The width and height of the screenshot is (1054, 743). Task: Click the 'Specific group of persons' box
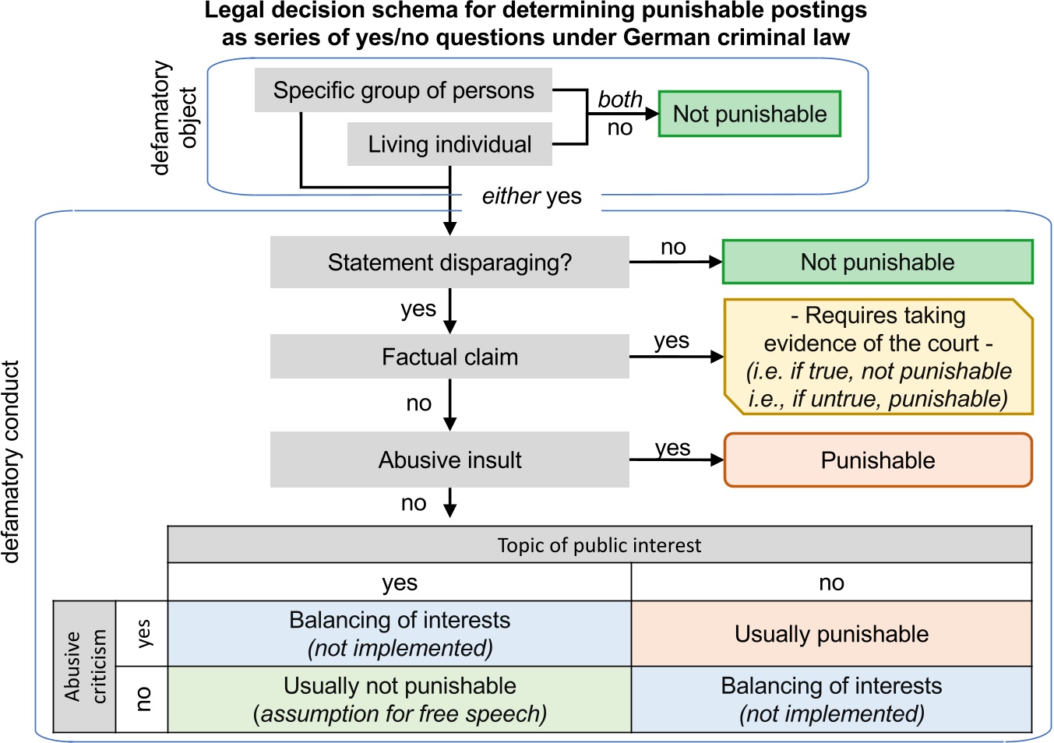[x=403, y=90]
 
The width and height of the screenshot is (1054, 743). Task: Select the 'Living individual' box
[x=449, y=144]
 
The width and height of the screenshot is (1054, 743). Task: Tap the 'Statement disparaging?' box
[x=449, y=262]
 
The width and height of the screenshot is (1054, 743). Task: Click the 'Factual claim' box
[x=449, y=357]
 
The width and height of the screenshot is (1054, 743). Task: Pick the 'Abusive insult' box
[x=449, y=460]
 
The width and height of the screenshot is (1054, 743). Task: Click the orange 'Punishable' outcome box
[x=877, y=460]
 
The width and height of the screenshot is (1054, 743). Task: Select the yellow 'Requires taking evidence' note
[x=877, y=357]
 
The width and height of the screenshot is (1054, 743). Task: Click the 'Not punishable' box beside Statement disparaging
[x=877, y=262]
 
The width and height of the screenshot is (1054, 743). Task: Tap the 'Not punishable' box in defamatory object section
[x=749, y=114]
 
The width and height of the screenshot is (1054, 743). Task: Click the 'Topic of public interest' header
[x=599, y=545]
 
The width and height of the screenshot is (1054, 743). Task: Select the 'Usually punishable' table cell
[x=831, y=634]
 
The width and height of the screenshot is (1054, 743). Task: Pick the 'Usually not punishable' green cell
[x=400, y=699]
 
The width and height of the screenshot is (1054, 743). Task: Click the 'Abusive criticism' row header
[x=84, y=667]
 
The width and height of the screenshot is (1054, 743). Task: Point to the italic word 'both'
[x=620, y=100]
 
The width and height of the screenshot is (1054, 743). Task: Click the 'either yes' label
[x=531, y=196]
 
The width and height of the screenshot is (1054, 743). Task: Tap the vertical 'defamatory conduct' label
[x=11, y=461]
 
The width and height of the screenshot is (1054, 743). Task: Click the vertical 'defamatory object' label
[x=174, y=118]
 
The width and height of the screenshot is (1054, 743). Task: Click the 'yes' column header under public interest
[x=400, y=583]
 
